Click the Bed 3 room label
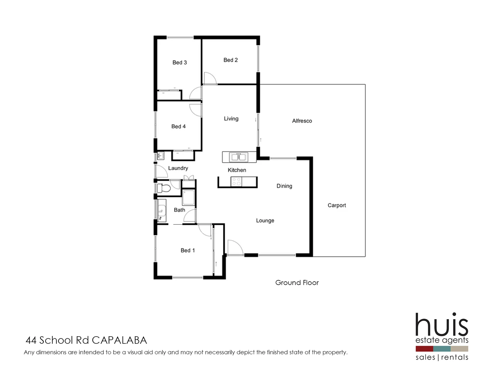point(179,63)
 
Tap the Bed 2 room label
point(231,60)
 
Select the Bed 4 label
point(178,127)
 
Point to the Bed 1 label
point(187,251)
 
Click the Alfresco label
point(302,121)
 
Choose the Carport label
point(337,205)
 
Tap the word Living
point(231,119)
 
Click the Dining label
point(284,186)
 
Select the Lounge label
point(265,221)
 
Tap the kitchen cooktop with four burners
point(237,182)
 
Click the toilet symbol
point(163,189)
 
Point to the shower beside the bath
point(189,197)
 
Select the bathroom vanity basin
point(162,210)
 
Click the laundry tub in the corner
point(161,156)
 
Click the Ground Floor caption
point(297,283)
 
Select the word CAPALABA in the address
point(119,340)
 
